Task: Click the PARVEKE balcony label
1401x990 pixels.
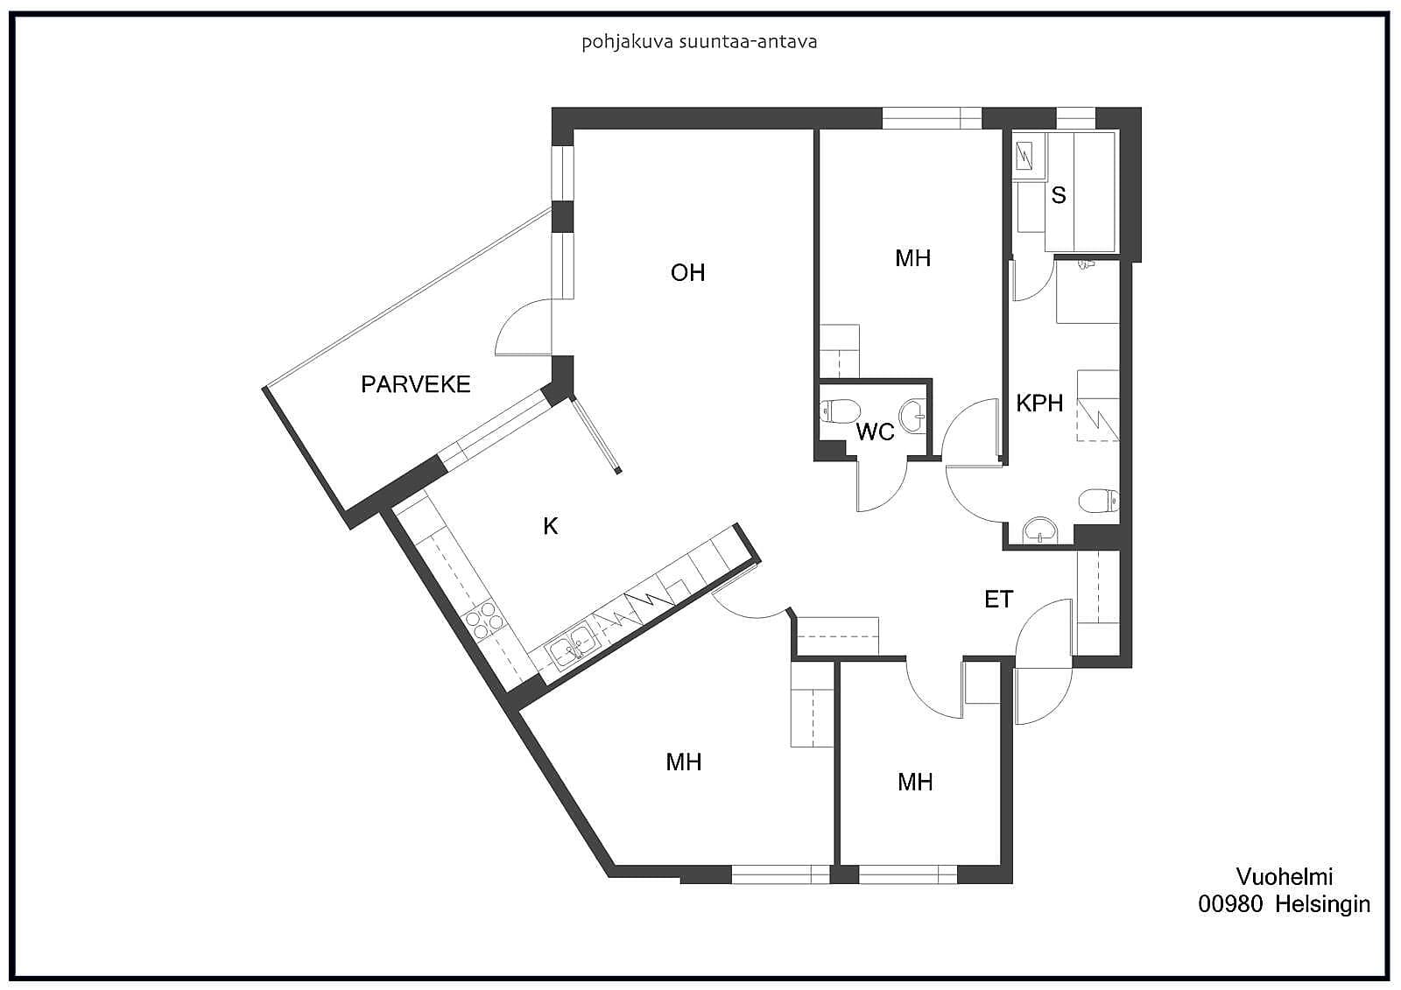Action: (x=415, y=384)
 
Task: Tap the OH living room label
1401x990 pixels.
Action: (x=687, y=273)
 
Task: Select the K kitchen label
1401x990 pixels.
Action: (x=551, y=527)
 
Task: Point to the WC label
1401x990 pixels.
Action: (x=875, y=432)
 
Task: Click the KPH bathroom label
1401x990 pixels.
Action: (x=1039, y=404)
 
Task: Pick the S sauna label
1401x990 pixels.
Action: (x=1059, y=195)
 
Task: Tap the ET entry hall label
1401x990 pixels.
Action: (x=998, y=599)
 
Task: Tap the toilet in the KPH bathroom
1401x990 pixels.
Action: (x=1099, y=501)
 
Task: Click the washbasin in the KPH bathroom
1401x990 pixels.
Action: (x=1039, y=531)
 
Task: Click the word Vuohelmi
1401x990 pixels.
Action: (x=1284, y=877)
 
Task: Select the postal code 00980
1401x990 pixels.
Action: (x=1230, y=904)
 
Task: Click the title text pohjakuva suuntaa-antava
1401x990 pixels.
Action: (x=700, y=43)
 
